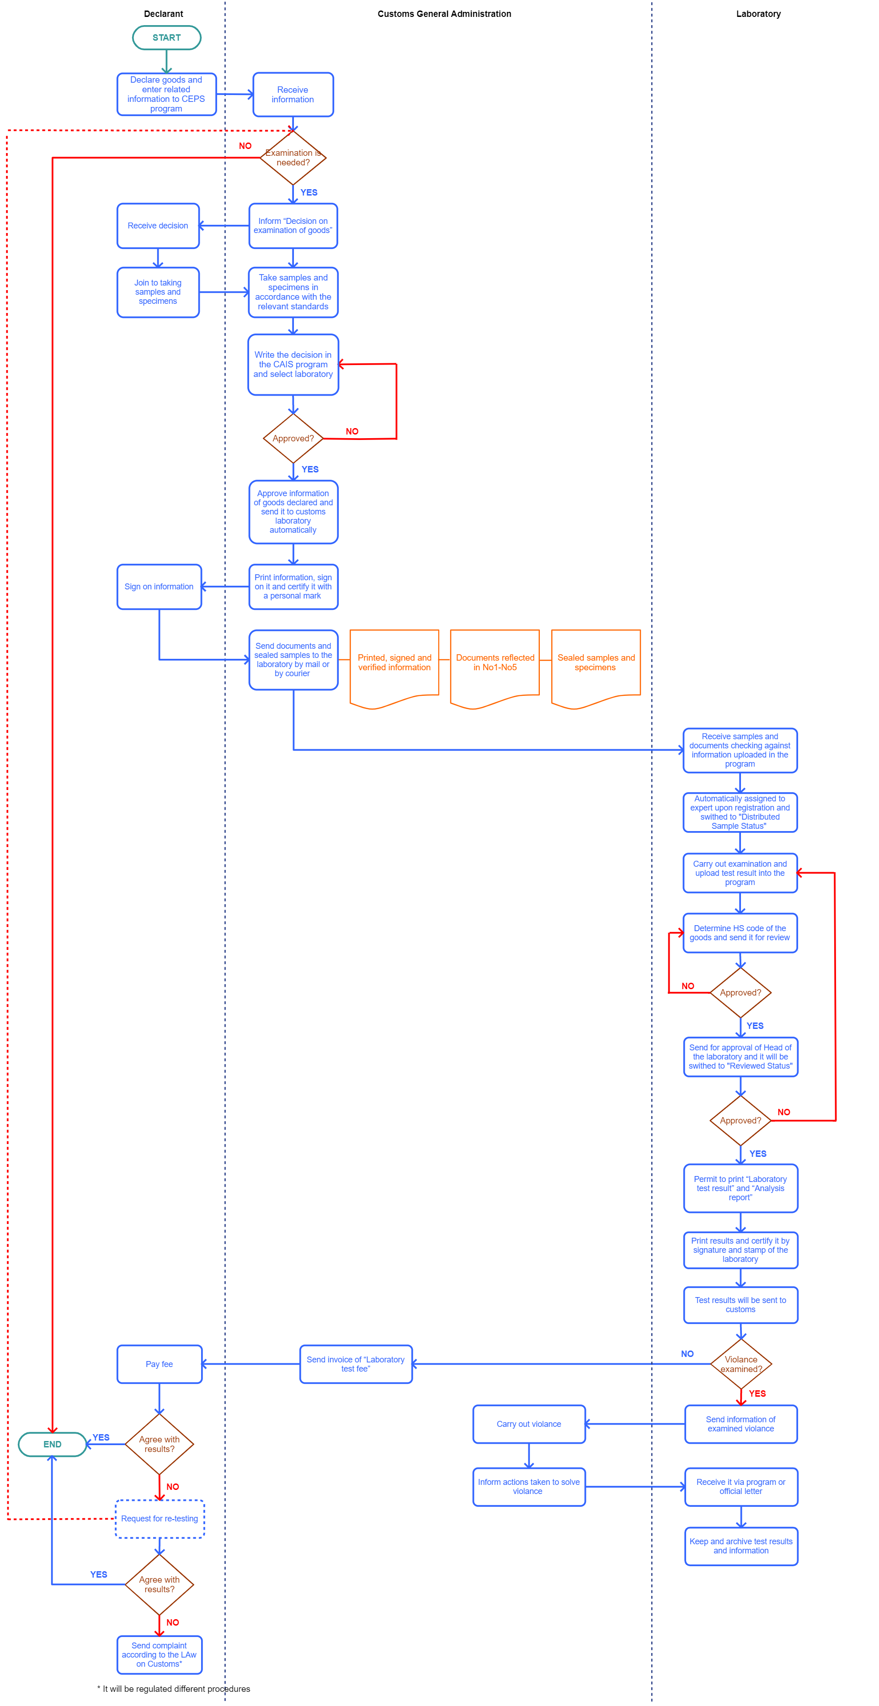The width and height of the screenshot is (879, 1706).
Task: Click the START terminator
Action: point(166,38)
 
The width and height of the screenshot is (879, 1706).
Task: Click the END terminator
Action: point(52,1444)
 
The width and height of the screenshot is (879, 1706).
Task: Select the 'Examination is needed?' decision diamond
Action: point(293,158)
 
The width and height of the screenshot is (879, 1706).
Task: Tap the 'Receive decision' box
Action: point(158,226)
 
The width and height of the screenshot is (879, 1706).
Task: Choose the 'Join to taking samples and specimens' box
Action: point(158,292)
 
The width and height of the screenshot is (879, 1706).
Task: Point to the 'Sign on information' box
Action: point(159,587)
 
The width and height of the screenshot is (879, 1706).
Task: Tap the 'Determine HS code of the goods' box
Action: point(740,932)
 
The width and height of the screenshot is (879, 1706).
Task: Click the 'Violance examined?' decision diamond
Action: point(740,1364)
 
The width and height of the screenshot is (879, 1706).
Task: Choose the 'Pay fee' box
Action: point(159,1364)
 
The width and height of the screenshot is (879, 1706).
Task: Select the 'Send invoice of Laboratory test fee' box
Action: point(356,1364)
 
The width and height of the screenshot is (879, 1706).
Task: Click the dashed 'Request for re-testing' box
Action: point(160,1519)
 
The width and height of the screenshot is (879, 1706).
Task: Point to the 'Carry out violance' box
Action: point(528,1424)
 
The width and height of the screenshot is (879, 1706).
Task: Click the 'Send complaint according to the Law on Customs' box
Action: point(159,1654)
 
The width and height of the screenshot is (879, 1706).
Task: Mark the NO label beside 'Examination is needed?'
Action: point(245,146)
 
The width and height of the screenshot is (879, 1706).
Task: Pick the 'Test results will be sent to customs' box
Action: point(740,1305)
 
